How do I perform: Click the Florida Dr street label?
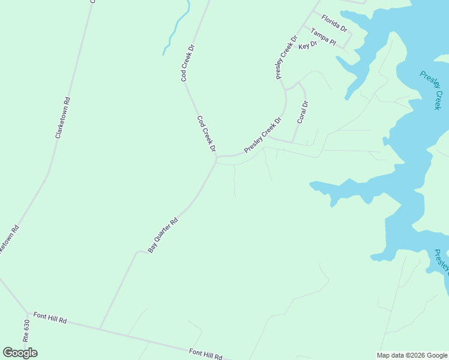pyautogui.click(x=334, y=24)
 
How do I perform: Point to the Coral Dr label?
pyautogui.click(x=303, y=113)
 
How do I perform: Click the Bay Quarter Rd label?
pyautogui.click(x=163, y=235)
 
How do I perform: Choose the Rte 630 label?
pyautogui.click(x=26, y=331)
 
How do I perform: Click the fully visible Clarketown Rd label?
pyautogui.click(x=63, y=118)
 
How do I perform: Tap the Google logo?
pyautogui.click(x=20, y=353)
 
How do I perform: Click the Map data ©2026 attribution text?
pyautogui.click(x=412, y=355)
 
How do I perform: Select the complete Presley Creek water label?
pyautogui.click(x=430, y=91)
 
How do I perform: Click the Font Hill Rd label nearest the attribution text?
pyautogui.click(x=206, y=354)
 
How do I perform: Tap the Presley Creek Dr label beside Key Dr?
pyautogui.click(x=287, y=58)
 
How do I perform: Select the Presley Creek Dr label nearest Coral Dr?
pyautogui.click(x=262, y=135)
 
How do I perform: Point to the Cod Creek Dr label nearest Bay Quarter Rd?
pyautogui.click(x=206, y=134)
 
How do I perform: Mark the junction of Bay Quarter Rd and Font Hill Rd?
pyautogui.click(x=100, y=328)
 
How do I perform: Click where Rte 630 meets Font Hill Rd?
pyautogui.click(x=28, y=313)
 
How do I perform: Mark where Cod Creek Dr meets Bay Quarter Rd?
pyautogui.click(x=215, y=160)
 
